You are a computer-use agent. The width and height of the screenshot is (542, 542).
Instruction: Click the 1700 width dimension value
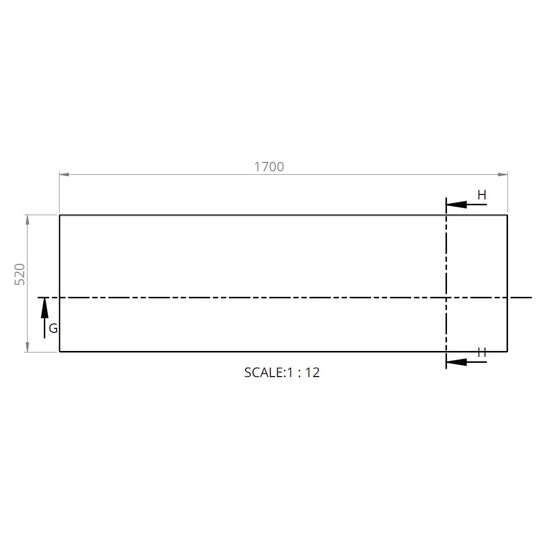tap(269, 167)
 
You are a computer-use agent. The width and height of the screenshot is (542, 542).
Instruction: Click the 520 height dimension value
tap(20, 275)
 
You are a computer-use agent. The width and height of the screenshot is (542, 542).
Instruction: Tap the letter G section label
tap(53, 328)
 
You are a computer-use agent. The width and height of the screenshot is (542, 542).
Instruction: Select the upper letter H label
tap(482, 195)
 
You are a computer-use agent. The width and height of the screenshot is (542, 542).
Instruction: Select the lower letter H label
tap(482, 353)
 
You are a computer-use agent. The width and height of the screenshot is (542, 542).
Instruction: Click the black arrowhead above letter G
tap(45, 308)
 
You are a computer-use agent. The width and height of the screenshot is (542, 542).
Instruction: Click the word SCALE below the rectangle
tap(264, 373)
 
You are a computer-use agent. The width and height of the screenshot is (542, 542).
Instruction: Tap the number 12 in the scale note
tap(312, 373)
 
